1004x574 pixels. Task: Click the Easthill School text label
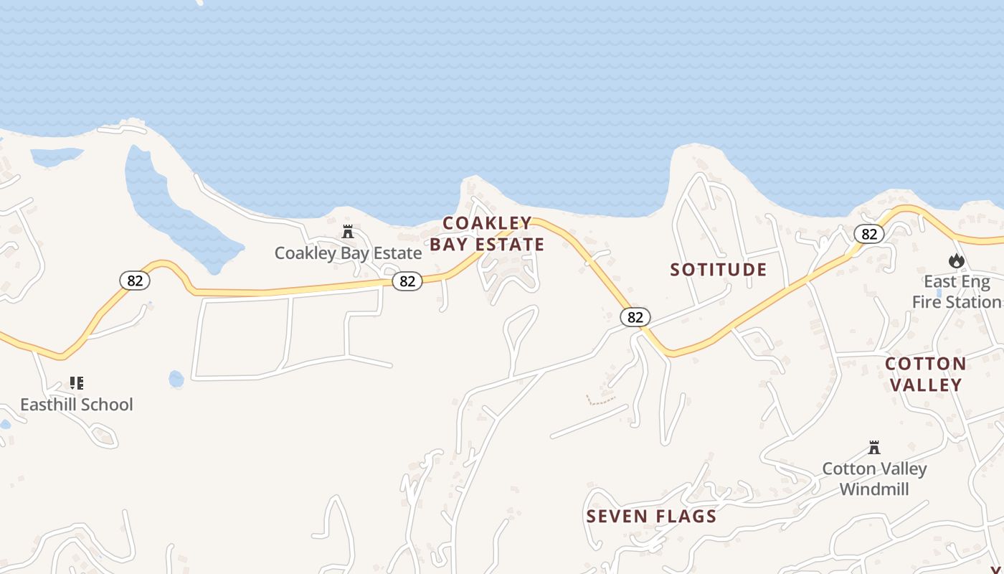77,405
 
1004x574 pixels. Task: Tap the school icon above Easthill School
77,383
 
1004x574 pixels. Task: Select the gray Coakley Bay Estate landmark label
348,253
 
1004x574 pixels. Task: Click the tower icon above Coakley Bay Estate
348,232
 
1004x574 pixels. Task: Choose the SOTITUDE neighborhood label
719,270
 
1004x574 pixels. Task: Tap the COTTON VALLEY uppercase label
925,374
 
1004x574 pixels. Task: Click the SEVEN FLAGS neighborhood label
651,517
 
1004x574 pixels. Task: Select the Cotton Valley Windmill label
874,479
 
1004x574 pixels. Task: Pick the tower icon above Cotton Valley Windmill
874,448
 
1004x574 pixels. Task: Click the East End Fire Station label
957,292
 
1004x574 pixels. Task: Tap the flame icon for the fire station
956,260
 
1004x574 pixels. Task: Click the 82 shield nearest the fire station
869,234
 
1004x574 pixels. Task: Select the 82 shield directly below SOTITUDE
635,317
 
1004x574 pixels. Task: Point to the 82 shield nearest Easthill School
135,281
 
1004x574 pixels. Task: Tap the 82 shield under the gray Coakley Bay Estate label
407,281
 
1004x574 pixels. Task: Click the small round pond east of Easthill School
176,379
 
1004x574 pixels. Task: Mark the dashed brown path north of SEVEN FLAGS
601,400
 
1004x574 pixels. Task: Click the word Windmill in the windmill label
874,489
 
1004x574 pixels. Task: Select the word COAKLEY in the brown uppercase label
487,223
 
